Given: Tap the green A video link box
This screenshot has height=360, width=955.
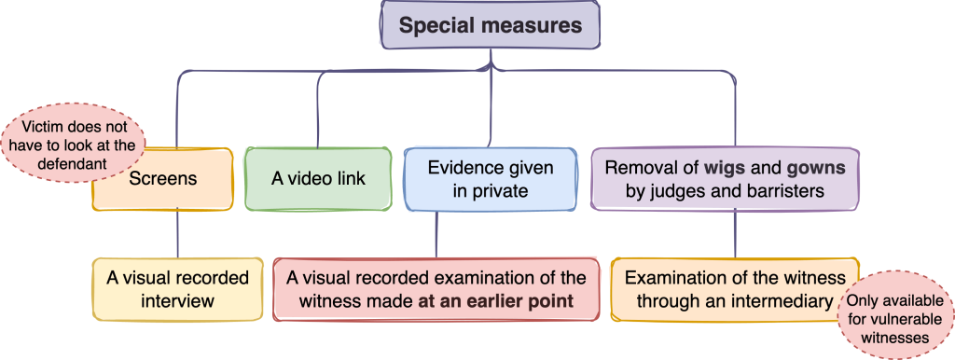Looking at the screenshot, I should click(317, 178).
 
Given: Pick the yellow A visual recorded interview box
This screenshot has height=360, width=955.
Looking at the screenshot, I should click(177, 289).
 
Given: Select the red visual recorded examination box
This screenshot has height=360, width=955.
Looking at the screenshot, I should click(436, 289).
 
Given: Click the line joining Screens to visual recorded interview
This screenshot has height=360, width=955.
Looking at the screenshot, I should click(177, 233).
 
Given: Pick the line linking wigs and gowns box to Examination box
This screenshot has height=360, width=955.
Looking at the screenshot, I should click(736, 233).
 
